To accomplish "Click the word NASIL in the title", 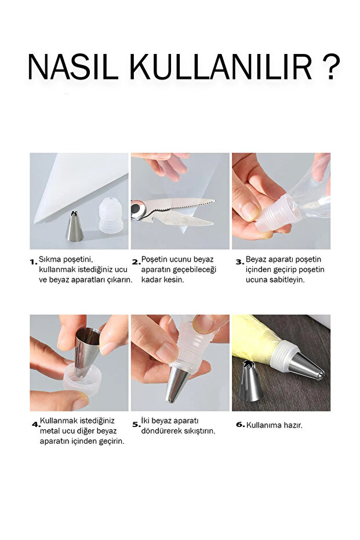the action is (73, 67).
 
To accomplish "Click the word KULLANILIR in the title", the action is (221, 67).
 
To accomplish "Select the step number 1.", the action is (34, 262).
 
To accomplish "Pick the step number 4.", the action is (36, 425).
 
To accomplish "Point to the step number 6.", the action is (240, 425).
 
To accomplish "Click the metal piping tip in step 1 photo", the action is (74, 226).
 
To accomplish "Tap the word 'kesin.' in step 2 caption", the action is (173, 280).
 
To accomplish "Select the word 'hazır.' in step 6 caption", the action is (293, 425).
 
